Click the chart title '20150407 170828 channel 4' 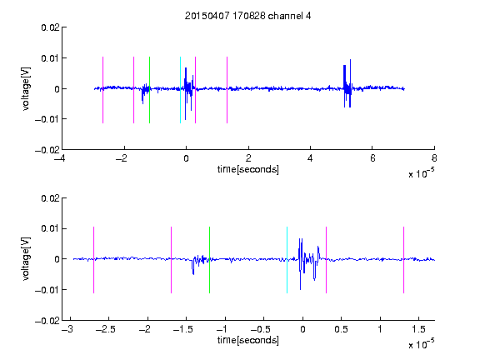coord(248,16)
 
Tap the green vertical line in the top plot coord(149,90)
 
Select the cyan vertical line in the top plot coord(180,90)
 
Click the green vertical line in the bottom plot coord(209,260)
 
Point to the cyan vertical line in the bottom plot coord(287,260)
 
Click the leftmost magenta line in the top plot coord(102,90)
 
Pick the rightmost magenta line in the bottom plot coord(403,260)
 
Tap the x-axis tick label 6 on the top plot coord(372,158)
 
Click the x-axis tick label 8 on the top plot coord(434,158)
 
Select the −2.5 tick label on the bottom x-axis coord(106,329)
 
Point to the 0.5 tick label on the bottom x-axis coord(341,329)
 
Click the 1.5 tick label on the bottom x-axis coord(418,329)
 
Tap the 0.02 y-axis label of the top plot coord(50,27)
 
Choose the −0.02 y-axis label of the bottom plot coord(47,321)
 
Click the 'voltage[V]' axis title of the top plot coord(26,89)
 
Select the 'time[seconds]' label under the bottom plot coord(248,340)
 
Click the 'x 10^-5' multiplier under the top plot coord(421,173)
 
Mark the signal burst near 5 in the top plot coord(347,83)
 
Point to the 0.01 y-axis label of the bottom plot coord(50,228)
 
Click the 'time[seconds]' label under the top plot coord(248,169)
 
